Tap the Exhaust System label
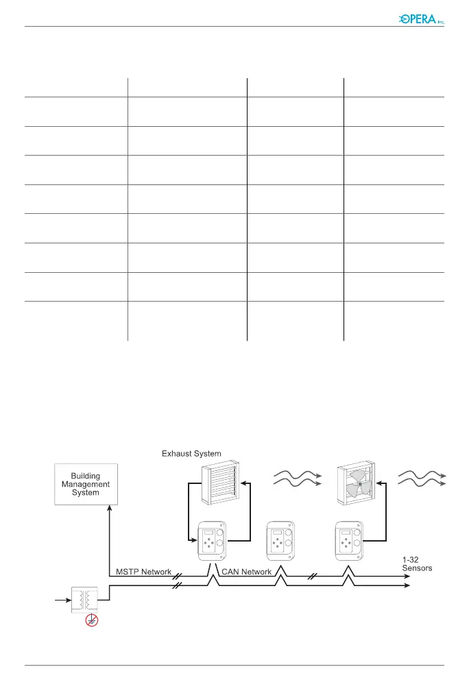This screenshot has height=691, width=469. pyautogui.click(x=191, y=453)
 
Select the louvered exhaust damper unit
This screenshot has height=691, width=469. pyautogui.click(x=219, y=485)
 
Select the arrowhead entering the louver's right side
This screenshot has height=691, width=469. pyautogui.click(x=243, y=484)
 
